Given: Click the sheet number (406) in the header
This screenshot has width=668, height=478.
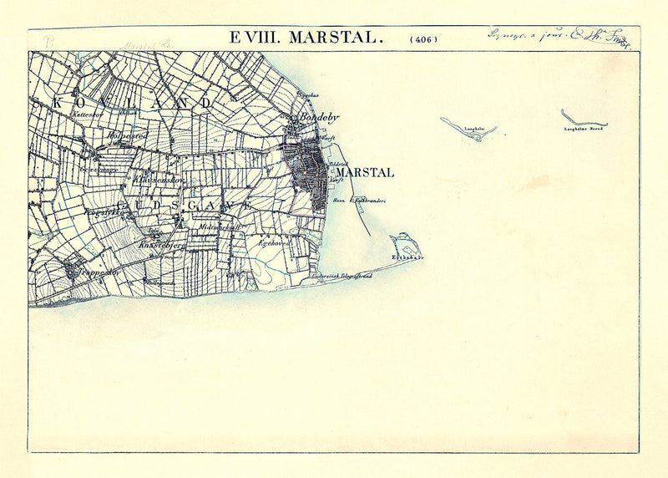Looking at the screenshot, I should click(x=423, y=38).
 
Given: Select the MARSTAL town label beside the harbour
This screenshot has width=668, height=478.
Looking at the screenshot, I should click(x=364, y=173).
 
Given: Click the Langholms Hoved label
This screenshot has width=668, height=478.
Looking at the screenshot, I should click(x=584, y=130).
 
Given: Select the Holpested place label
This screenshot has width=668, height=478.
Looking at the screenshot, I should click(x=126, y=135).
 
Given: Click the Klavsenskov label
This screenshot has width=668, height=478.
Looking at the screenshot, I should click(x=159, y=179).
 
